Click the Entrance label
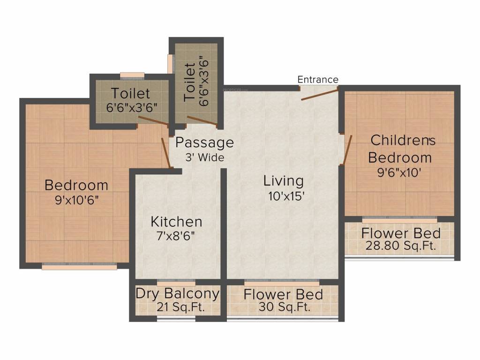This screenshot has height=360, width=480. click(x=318, y=80)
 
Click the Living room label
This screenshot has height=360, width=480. click(x=284, y=181)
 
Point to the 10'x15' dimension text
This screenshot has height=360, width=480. click(x=286, y=196)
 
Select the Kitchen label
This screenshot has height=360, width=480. click(x=176, y=222)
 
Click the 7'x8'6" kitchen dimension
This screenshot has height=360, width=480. click(x=176, y=236)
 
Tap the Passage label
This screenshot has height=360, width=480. click(x=204, y=142)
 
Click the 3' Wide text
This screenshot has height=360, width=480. click(x=205, y=157)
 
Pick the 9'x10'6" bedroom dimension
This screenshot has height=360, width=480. click(x=77, y=200)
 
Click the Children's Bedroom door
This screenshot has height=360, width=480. click(x=348, y=150)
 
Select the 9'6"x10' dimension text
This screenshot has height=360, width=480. click(x=399, y=172)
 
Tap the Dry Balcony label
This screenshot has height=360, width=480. click(x=178, y=293)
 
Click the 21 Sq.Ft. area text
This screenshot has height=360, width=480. click(x=180, y=307)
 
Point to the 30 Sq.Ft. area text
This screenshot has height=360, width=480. click(x=285, y=307)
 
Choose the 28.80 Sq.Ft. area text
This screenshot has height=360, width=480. click(x=400, y=246)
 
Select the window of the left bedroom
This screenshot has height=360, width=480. click(x=79, y=266)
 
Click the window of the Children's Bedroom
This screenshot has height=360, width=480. click(x=399, y=220)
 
